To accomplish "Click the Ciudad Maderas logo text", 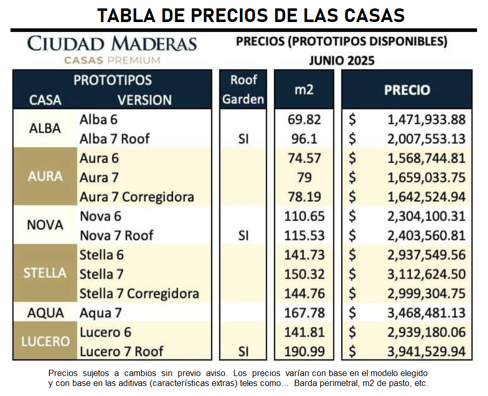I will (x=112, y=44).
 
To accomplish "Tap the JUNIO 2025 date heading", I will (x=341, y=60).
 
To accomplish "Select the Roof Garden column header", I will (x=243, y=90).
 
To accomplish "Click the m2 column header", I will (x=303, y=90).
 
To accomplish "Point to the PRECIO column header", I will (x=407, y=90).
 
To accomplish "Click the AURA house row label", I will (x=45, y=177).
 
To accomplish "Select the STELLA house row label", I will (x=45, y=273).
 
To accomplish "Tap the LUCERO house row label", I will (x=45, y=341).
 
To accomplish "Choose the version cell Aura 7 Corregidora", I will (x=137, y=197).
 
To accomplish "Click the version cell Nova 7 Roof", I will (x=116, y=236).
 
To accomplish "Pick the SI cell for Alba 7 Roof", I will (x=243, y=139).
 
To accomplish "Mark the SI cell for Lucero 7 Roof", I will (x=243, y=351).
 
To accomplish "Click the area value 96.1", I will (x=304, y=139).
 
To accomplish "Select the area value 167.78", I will (x=304, y=313).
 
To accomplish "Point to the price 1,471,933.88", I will (x=426, y=120).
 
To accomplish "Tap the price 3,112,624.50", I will (x=426, y=274).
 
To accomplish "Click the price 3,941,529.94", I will (x=426, y=351).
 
